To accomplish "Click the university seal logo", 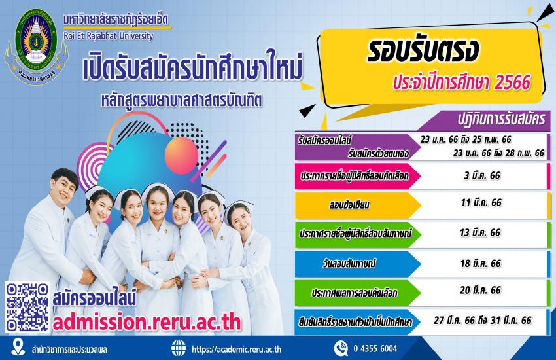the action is [35, 46].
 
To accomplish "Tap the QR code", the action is [27, 308].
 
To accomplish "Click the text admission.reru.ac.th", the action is [147, 322].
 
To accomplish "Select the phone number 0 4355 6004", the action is [375, 349].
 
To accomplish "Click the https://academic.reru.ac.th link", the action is [237, 350].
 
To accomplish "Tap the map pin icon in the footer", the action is [18, 347].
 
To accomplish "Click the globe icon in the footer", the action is [179, 348].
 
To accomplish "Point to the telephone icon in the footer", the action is [341, 348].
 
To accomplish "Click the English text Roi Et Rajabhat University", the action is [109, 36].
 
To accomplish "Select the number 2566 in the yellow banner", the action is [512, 82].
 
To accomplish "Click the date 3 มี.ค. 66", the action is [482, 175].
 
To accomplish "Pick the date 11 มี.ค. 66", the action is [481, 202].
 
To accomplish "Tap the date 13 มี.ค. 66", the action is [479, 232].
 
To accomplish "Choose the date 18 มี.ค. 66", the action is [481, 264].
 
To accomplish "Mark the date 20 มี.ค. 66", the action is [481, 290].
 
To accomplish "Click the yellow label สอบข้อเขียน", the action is [349, 205].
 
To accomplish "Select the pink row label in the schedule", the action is [355, 176].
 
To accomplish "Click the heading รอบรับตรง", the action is [423, 50].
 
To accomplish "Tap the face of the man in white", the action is [63, 188].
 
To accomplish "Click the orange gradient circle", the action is [181, 155].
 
